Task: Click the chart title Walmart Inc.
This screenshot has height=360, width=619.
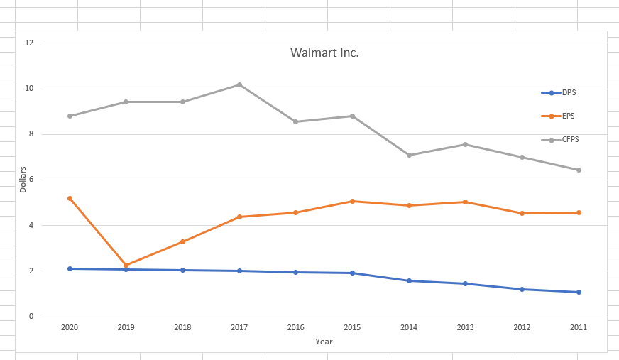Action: pyautogui.click(x=324, y=53)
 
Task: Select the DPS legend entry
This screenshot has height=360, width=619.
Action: pyautogui.click(x=569, y=92)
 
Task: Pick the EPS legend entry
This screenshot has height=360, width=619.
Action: pyautogui.click(x=568, y=116)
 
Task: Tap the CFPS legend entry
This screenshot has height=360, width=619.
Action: pyautogui.click(x=570, y=140)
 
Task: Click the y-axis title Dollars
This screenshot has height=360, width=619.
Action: pyautogui.click(x=23, y=179)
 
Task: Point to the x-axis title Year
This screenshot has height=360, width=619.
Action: pyautogui.click(x=324, y=342)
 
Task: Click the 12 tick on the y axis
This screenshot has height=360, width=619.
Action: pyautogui.click(x=29, y=43)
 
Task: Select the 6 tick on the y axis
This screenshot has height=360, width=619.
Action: pyautogui.click(x=29, y=180)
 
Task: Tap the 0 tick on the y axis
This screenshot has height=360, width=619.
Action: pyautogui.click(x=29, y=317)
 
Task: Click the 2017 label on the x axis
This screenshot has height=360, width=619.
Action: pyautogui.click(x=239, y=327)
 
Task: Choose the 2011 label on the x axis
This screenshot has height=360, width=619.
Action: pyautogui.click(x=579, y=327)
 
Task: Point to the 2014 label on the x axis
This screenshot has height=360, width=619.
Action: pyautogui.click(x=409, y=327)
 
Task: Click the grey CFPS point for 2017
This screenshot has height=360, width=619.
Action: pyautogui.click(x=239, y=84)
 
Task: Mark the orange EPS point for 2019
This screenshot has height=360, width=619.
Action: pyautogui.click(x=126, y=266)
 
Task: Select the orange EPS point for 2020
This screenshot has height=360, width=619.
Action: pyautogui.click(x=70, y=198)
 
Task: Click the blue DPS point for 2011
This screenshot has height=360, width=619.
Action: pyautogui.click(x=579, y=292)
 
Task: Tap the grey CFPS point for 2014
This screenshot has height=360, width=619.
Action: pyautogui.click(x=409, y=155)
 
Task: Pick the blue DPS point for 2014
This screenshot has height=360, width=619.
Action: pyautogui.click(x=409, y=280)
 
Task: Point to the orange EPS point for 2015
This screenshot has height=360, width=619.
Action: pyautogui.click(x=352, y=201)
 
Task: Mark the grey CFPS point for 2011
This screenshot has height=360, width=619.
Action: pyautogui.click(x=579, y=170)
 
